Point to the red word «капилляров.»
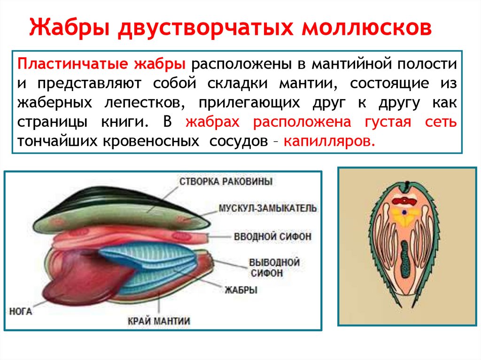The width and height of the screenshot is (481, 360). click(x=329, y=141)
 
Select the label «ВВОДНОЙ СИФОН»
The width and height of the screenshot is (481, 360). click(x=272, y=237)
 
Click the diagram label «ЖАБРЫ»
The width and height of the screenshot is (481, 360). click(x=241, y=290)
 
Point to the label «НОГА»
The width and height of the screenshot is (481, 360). click(x=21, y=311)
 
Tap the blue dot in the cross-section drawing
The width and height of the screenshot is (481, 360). click(x=403, y=212)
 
